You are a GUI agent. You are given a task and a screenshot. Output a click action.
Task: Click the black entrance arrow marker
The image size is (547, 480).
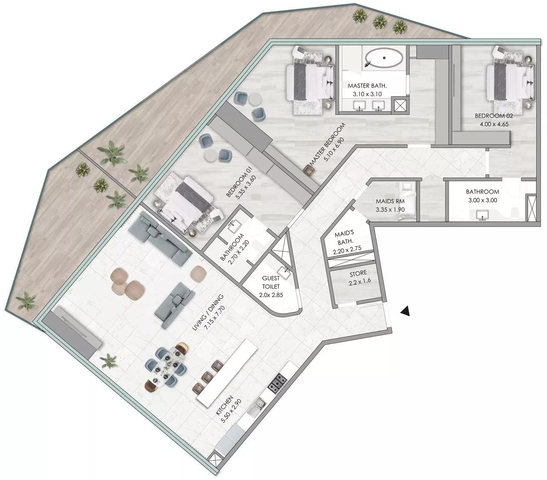(406, 312)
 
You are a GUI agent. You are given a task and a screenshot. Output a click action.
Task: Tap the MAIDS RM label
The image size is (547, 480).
(390, 201)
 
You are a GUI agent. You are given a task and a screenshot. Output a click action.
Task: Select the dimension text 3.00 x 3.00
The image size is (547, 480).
(482, 200)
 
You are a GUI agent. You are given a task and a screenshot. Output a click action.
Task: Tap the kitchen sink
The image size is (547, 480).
(259, 406)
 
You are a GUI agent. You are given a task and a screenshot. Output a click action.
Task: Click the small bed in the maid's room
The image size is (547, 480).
(406, 200)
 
